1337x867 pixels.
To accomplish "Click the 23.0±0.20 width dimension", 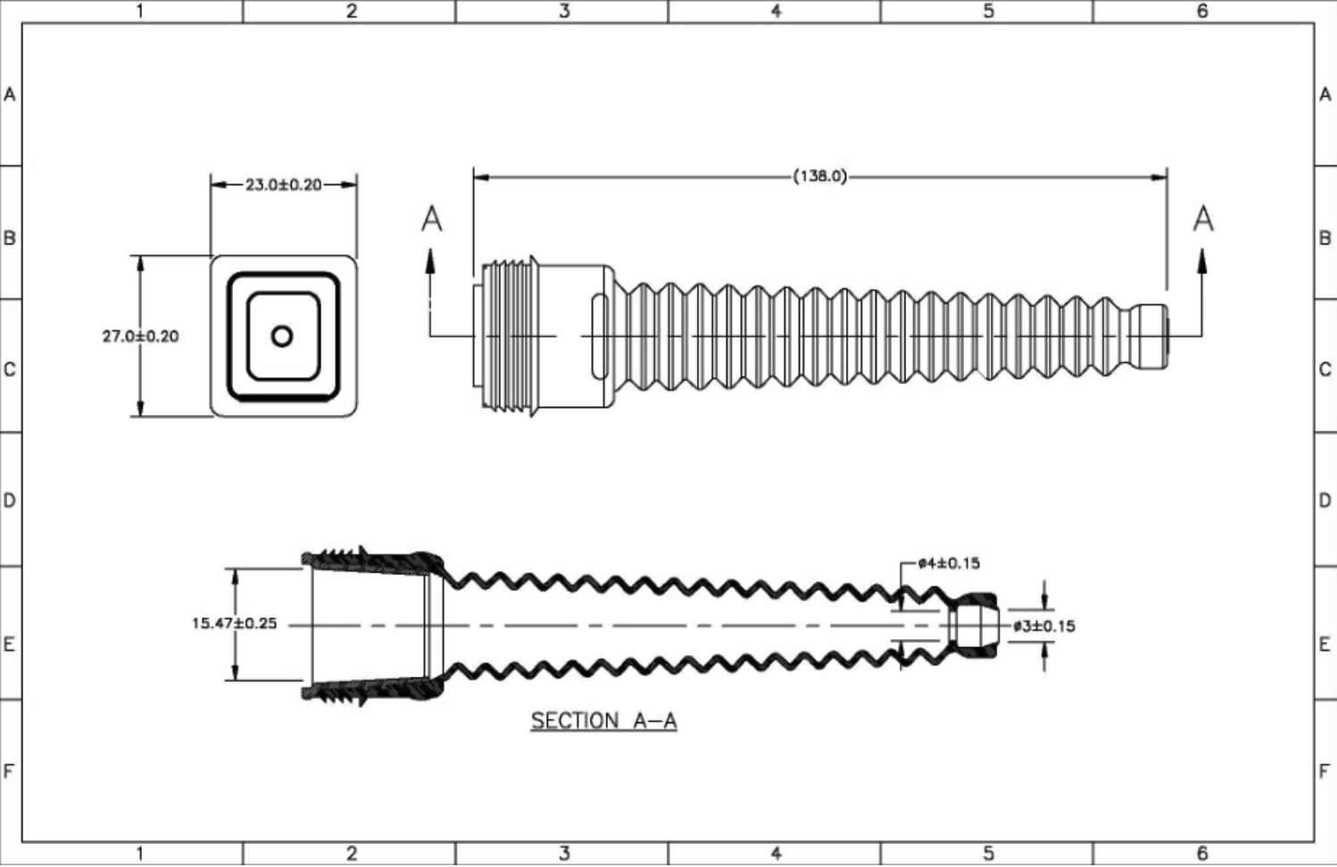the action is [x=284, y=185].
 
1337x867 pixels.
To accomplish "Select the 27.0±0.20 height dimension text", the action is [x=140, y=336].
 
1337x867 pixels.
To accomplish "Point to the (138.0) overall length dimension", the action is [x=820, y=176].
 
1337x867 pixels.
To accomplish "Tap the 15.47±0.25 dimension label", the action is [x=235, y=623].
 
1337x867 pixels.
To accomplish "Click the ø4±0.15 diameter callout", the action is [x=949, y=563].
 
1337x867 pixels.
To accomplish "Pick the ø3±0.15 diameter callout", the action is [x=1044, y=627].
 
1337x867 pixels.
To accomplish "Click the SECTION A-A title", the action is [x=604, y=721].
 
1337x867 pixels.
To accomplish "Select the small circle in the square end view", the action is [x=282, y=336].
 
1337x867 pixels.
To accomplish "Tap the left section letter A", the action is [x=432, y=219].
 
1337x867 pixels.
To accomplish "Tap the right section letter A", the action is [x=1203, y=219].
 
